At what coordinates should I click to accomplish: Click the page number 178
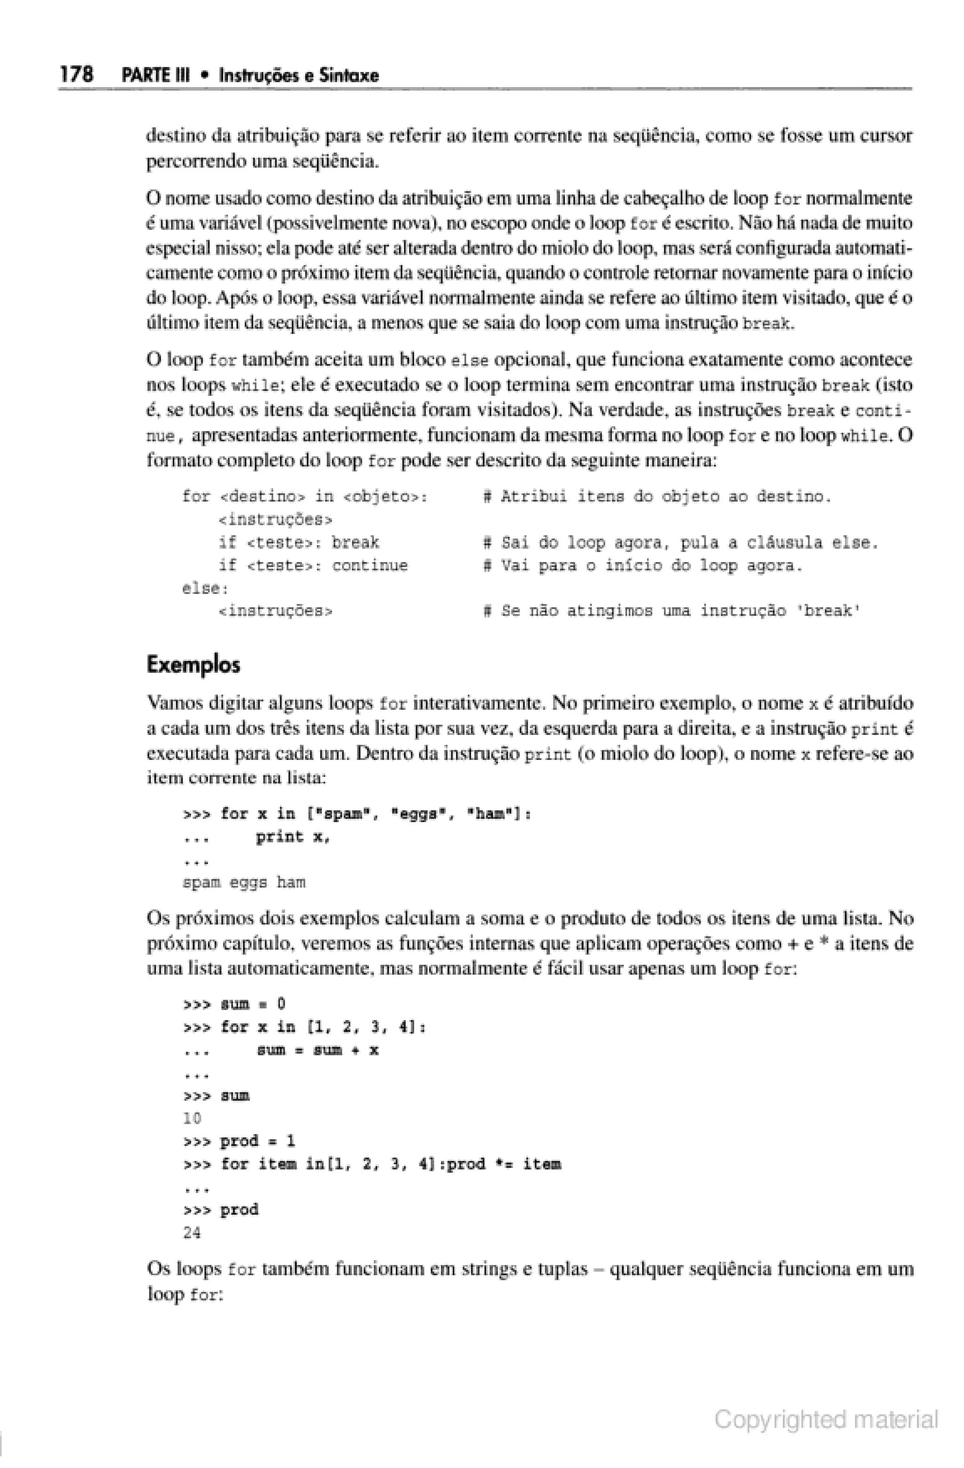[76, 75]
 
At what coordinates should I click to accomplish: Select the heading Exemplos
[193, 665]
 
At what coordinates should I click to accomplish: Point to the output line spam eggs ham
[244, 883]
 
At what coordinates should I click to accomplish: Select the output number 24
[193, 1233]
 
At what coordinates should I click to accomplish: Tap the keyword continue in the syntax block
[370, 566]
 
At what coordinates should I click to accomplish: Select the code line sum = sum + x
[317, 1050]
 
